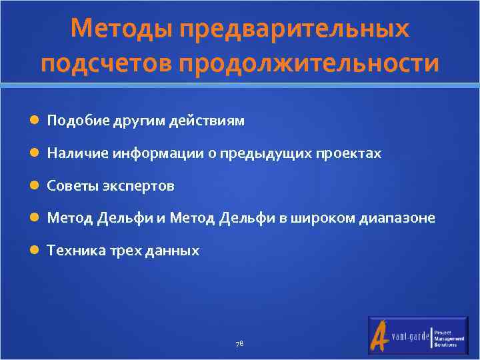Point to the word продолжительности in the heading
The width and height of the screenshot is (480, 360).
[317, 64]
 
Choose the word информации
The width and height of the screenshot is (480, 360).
[153, 153]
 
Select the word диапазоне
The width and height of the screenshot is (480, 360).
[397, 218]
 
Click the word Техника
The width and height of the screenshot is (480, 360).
[72, 251]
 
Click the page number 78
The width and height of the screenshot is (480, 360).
[240, 344]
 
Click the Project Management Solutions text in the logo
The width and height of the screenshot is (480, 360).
[449, 337]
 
